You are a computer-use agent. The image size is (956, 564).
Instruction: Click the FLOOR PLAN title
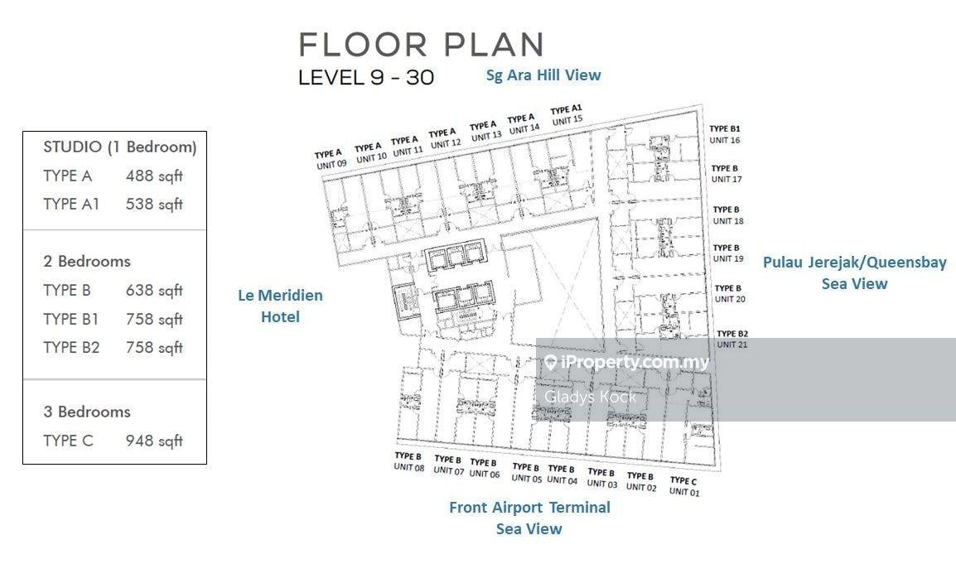(x=421, y=45)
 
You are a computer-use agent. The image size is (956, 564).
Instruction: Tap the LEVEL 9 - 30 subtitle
(x=366, y=77)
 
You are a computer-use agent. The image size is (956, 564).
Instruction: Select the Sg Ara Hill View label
(x=543, y=75)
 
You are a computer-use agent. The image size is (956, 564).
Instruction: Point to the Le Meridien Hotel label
(x=281, y=306)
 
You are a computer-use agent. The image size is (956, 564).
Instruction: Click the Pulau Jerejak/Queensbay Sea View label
(x=855, y=272)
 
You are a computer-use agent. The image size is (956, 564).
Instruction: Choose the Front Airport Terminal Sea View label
(x=529, y=518)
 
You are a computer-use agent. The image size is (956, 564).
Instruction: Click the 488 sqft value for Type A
(x=154, y=176)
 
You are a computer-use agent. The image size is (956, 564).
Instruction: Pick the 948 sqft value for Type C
(x=154, y=441)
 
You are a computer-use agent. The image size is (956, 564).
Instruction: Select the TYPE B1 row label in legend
(x=70, y=319)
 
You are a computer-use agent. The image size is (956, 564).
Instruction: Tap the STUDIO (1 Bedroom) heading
(x=120, y=147)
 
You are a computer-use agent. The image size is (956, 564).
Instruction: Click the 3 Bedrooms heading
(x=87, y=412)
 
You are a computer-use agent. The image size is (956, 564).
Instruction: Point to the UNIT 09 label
(x=331, y=165)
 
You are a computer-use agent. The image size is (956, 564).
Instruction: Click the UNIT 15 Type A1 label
(x=567, y=115)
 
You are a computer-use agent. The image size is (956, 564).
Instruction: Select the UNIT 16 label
(x=725, y=140)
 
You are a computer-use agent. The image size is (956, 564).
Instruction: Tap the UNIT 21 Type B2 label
(x=732, y=339)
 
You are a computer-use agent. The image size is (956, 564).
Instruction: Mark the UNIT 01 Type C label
(x=684, y=486)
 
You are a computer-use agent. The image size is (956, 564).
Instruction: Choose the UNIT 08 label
(x=409, y=467)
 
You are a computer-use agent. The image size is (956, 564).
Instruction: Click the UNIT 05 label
(x=527, y=479)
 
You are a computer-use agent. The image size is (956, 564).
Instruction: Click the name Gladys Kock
(x=590, y=397)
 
